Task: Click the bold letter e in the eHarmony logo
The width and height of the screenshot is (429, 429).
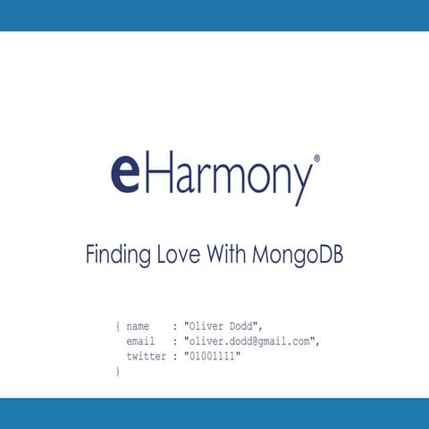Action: [125, 174]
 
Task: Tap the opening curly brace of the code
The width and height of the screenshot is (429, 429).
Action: [118, 326]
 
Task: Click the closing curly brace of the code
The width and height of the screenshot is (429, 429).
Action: [118, 371]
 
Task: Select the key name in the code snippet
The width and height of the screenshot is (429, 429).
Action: [138, 326]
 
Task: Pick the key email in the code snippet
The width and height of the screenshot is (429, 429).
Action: [140, 341]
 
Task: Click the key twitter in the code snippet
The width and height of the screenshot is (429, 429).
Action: [146, 356]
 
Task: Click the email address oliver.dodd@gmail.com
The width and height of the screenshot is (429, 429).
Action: [251, 341]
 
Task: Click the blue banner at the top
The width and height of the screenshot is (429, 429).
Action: [214, 15]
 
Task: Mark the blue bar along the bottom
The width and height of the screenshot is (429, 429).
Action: [214, 413]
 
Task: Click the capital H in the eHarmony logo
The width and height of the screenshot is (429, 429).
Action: [159, 172]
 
